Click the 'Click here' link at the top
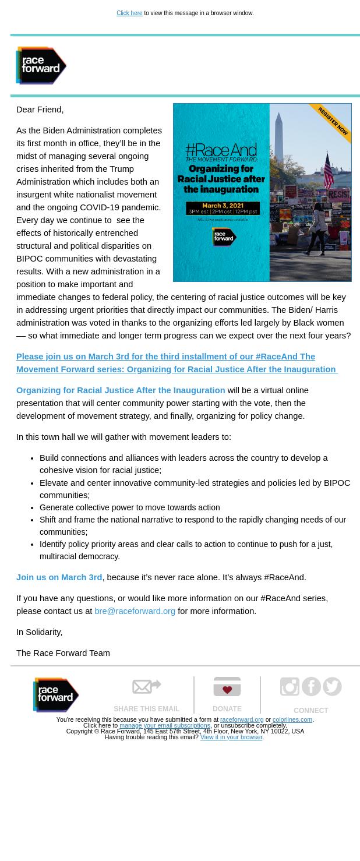[x=129, y=13]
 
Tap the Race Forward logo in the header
[x=41, y=66]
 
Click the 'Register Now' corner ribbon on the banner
[x=333, y=121]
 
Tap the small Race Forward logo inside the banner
[x=224, y=237]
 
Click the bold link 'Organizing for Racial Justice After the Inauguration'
[x=121, y=390]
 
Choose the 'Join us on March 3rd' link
[x=59, y=577]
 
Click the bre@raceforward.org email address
[x=135, y=611]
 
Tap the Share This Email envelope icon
[x=146, y=687]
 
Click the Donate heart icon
[x=227, y=687]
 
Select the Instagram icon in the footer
[x=290, y=687]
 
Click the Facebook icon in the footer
[x=311, y=687]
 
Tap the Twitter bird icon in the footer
[x=332, y=687]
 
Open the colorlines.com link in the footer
[x=292, y=720]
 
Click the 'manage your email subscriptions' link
[x=165, y=726]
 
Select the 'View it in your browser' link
[x=231, y=738]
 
